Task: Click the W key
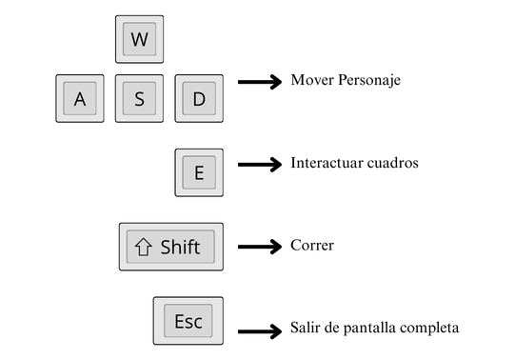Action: pos(140,39)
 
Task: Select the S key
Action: pos(140,98)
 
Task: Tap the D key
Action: pos(199,98)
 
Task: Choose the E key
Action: pos(199,172)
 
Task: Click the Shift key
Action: pos(171,247)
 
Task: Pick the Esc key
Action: pos(188,321)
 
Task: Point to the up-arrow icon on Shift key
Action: pos(144,248)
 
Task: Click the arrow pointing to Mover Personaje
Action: pos(260,83)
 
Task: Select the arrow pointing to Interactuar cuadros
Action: pos(260,165)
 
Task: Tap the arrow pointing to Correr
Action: pos(260,247)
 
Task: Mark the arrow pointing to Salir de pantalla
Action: pos(260,331)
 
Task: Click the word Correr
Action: pos(312,245)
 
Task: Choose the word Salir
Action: pos(307,328)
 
